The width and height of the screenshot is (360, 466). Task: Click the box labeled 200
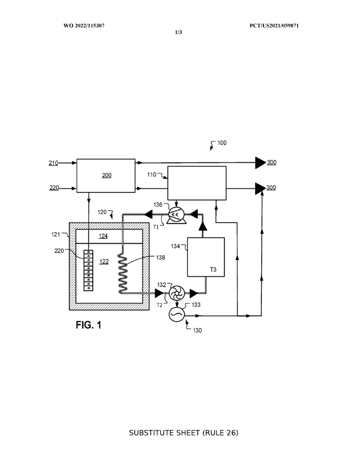[106, 176]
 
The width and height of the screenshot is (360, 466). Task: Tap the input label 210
[53, 163]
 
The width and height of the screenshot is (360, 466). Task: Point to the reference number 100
[222, 142]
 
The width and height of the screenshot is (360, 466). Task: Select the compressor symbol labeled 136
[176, 215]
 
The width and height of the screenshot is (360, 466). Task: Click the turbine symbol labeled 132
[177, 293]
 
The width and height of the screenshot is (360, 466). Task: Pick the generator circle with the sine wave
[177, 314]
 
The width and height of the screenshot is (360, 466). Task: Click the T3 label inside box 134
[213, 269]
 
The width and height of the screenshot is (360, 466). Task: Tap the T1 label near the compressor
[156, 227]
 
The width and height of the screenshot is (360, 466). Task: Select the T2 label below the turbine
[160, 305]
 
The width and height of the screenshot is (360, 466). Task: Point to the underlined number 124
[103, 236]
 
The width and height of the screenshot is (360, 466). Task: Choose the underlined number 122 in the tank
[104, 262]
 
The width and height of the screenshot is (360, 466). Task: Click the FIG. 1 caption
[89, 325]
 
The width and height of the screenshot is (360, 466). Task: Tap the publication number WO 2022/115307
[84, 25]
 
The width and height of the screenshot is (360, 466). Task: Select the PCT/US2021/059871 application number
[274, 25]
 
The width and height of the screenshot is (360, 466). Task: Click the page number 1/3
[178, 32]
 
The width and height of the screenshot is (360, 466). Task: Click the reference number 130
[198, 330]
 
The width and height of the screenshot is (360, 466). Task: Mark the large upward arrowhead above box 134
[203, 227]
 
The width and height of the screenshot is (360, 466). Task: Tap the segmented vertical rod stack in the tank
[88, 270]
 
